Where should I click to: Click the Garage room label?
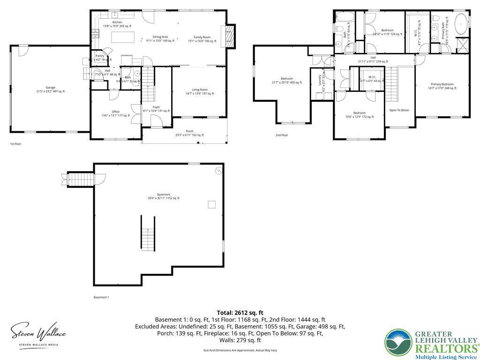click(50, 89)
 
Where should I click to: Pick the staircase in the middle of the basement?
click(148, 233)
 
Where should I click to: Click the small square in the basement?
click(212, 204)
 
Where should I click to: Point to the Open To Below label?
click(399, 110)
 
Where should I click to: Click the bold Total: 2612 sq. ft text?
click(240, 313)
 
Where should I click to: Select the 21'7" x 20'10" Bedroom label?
click(287, 80)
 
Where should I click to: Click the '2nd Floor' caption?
click(282, 135)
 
